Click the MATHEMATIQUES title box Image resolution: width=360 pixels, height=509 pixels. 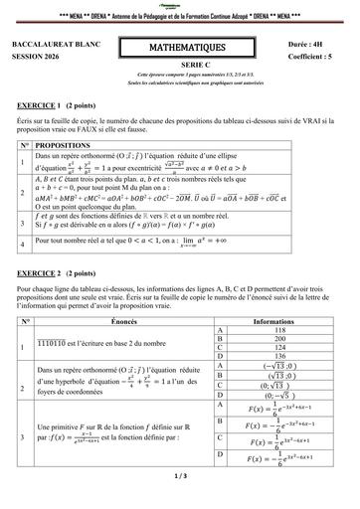[x=179, y=50]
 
